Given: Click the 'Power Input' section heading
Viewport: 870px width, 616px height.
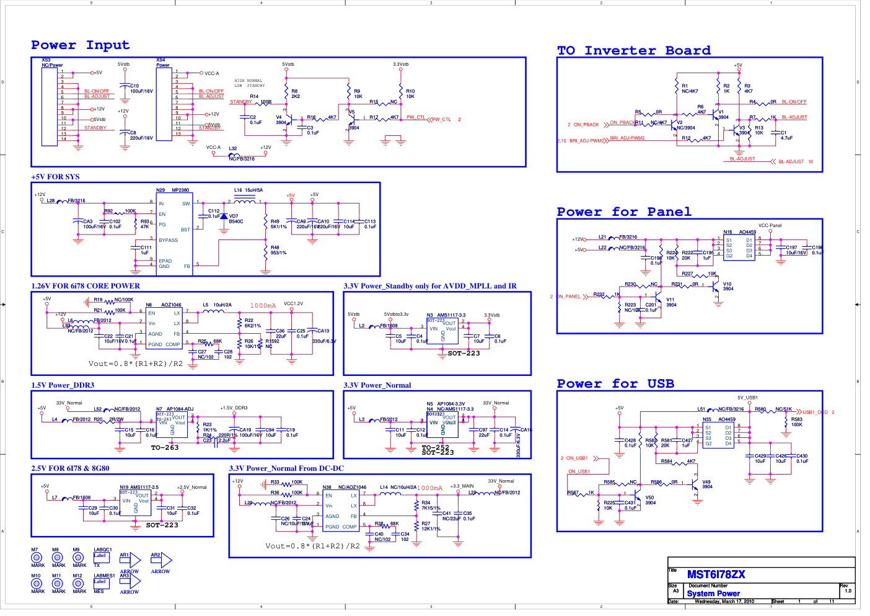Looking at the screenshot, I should (x=81, y=45).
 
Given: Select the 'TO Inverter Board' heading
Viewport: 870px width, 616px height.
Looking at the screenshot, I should (x=634, y=51).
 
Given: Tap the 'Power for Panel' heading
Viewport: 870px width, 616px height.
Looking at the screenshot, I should (x=624, y=212).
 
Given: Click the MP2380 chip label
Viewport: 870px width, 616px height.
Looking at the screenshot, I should (x=180, y=190).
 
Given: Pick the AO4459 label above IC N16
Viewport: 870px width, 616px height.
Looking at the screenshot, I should (x=747, y=232).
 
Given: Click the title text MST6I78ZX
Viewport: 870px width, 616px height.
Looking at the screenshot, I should (x=716, y=574).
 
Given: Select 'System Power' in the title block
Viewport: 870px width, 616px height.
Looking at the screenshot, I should (x=713, y=594).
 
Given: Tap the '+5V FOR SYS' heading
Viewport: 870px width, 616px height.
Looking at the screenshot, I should (x=56, y=177).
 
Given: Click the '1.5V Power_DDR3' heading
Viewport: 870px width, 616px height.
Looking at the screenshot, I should (x=63, y=385).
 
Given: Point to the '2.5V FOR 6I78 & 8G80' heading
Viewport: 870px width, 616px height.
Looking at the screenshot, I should (x=70, y=468).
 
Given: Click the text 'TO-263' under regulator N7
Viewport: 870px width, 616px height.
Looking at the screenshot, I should (x=165, y=447).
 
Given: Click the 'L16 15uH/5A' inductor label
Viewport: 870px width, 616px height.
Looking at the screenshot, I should (x=248, y=190).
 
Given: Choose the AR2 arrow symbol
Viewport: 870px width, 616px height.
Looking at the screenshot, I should (x=162, y=561).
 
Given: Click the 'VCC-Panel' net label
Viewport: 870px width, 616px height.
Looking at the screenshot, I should (x=770, y=226).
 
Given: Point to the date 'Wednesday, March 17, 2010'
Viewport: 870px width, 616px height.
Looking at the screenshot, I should (x=724, y=601).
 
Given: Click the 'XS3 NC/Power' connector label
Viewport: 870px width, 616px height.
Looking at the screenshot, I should (x=52, y=63).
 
